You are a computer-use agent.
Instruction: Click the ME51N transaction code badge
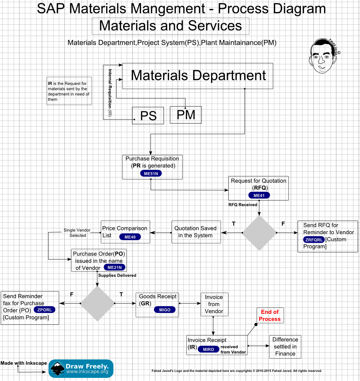(151, 174)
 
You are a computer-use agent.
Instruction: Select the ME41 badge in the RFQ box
(259, 195)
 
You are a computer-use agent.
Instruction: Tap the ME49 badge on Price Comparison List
(130, 237)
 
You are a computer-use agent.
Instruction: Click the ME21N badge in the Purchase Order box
(114, 267)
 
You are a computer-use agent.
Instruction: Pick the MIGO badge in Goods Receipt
(165, 310)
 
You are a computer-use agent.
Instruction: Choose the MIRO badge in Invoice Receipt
(208, 349)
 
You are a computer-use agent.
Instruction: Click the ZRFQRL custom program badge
(314, 240)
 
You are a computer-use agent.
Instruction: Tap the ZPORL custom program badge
(44, 310)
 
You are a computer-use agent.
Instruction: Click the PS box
(148, 116)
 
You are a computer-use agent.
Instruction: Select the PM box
(186, 115)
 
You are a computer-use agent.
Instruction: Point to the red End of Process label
(270, 315)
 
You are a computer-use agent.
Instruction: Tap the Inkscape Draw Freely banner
(81, 369)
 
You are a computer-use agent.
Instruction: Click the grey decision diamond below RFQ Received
(259, 233)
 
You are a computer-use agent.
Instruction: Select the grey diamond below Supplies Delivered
(98, 303)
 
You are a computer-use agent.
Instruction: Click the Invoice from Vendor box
(214, 304)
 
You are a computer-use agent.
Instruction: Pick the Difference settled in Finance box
(285, 346)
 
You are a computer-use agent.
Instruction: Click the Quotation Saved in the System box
(196, 232)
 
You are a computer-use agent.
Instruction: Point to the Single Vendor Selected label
(77, 233)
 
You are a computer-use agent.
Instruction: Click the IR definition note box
(69, 91)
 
